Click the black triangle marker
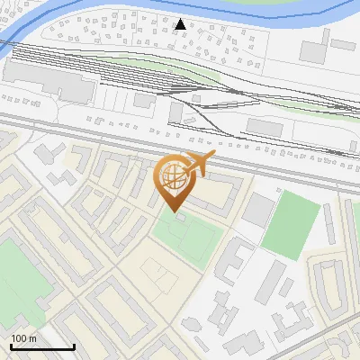click(x=181, y=24)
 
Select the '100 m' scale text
click(x=23, y=337)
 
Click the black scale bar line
click(x=41, y=346)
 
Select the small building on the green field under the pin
click(x=180, y=217)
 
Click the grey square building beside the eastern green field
click(x=258, y=209)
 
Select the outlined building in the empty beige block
click(x=152, y=274)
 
